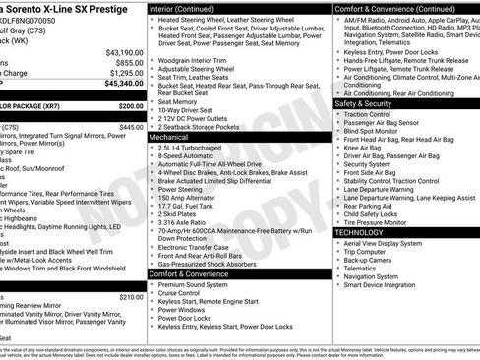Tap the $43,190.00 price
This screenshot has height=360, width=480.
tap(124, 52)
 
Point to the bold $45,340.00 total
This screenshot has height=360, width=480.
tap(124, 84)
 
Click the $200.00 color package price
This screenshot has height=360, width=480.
tap(131, 105)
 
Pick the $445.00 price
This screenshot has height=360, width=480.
tap(131, 127)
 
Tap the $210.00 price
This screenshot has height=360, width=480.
tap(131, 296)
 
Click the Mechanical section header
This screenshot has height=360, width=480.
tap(169, 138)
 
